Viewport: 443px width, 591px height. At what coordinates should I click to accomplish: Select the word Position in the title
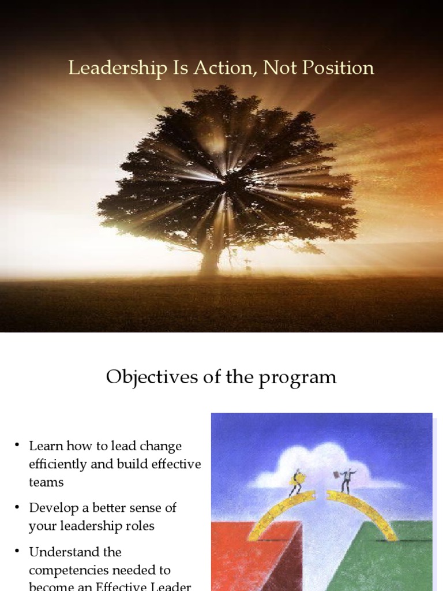pyautogui.click(x=338, y=69)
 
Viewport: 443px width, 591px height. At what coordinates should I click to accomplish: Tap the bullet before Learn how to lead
pyautogui.click(x=17, y=445)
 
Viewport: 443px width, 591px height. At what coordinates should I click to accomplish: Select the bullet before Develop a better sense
pyautogui.click(x=17, y=507)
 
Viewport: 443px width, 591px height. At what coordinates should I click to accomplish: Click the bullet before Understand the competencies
pyautogui.click(x=17, y=551)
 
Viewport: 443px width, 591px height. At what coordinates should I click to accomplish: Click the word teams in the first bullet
pyautogui.click(x=46, y=482)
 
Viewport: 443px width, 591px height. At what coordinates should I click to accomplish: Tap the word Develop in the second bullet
pyautogui.click(x=52, y=508)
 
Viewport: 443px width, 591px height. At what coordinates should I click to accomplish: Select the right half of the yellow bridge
pyautogui.click(x=363, y=508)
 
